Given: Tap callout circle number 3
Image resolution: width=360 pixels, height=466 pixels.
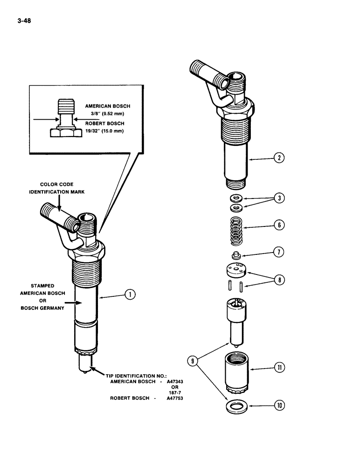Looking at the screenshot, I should (x=279, y=198).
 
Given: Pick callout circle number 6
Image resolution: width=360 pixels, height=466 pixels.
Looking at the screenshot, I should (x=279, y=225).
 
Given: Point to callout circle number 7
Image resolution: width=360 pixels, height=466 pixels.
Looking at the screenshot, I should (x=279, y=253).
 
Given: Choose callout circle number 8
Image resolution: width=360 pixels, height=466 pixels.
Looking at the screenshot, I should (x=279, y=280).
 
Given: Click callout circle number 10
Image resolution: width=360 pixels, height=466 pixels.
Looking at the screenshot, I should (x=279, y=406).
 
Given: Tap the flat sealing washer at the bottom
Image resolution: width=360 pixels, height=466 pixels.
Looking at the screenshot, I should (x=237, y=406).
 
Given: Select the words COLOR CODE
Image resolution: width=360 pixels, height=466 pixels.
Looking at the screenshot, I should (x=56, y=185).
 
